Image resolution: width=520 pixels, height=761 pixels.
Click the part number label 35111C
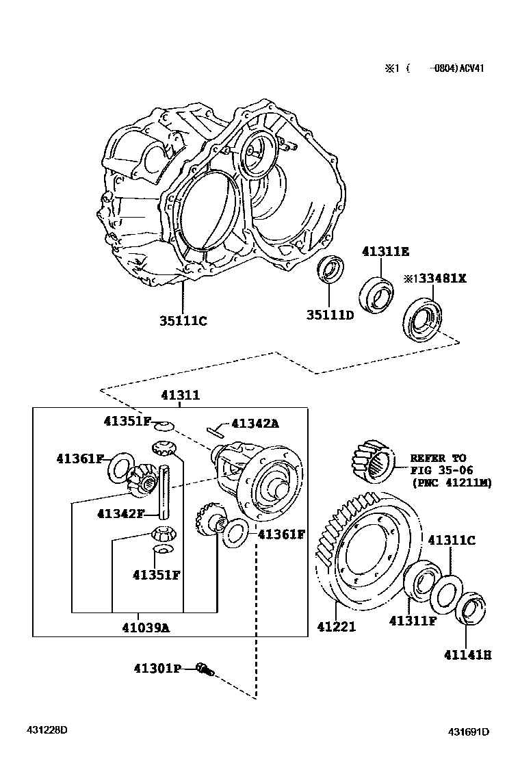click(x=183, y=320)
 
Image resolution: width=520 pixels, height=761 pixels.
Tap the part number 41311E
click(x=385, y=253)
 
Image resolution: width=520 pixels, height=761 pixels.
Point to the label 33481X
click(x=441, y=279)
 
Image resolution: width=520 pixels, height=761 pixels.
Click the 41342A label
click(x=255, y=424)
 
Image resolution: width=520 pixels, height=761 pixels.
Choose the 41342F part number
click(x=120, y=513)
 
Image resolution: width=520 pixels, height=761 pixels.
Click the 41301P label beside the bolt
click(x=156, y=668)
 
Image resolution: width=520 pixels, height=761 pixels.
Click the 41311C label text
click(x=451, y=540)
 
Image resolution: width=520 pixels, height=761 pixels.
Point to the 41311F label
click(x=413, y=621)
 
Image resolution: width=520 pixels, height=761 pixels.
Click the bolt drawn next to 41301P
click(x=205, y=669)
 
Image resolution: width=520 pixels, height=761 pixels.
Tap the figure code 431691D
click(x=468, y=731)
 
